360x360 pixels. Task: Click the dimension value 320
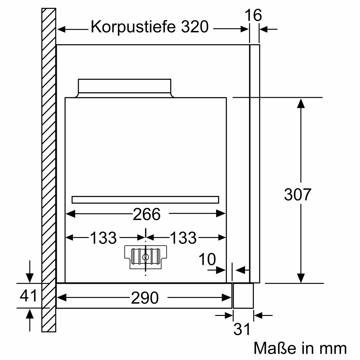click(194, 27)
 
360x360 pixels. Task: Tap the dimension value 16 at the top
click(253, 15)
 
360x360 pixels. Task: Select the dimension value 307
click(298, 194)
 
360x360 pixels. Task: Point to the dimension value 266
click(147, 214)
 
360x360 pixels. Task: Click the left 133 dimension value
click(103, 238)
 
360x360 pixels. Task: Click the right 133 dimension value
click(184, 238)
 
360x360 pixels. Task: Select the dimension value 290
click(145, 298)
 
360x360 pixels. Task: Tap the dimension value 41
click(28, 296)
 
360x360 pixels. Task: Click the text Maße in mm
click(300, 348)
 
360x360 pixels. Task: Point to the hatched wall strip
click(49, 170)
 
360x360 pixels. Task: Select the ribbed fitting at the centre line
click(145, 257)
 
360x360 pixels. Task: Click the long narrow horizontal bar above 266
click(145, 200)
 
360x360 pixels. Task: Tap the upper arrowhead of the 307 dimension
click(301, 103)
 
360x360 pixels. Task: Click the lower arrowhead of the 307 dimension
click(301, 278)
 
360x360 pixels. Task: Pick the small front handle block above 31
click(243, 295)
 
